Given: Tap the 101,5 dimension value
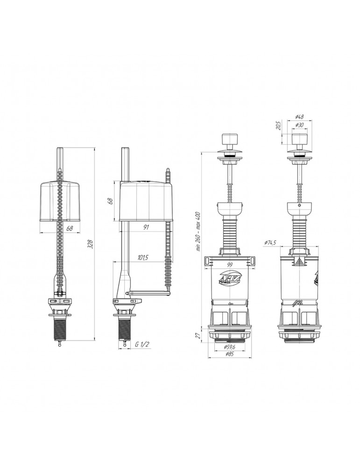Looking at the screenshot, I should (144, 258).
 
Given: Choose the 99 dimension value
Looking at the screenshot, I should (229, 264).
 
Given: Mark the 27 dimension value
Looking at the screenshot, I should (198, 335).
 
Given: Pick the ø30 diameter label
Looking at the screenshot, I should (299, 125).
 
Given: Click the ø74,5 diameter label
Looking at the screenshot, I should (271, 242).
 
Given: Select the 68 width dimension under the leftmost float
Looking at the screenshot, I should (70, 228).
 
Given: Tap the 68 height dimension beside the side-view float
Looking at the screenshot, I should (110, 201).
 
